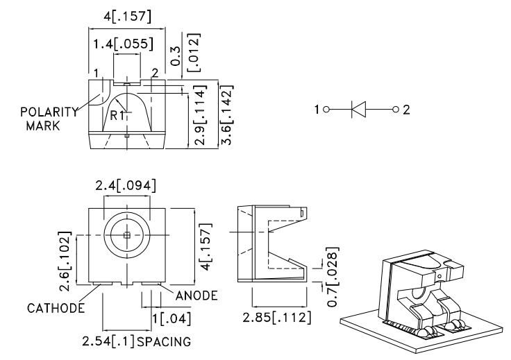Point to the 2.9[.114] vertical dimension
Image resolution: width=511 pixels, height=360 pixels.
point(201,116)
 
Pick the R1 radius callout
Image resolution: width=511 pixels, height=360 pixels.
point(117,115)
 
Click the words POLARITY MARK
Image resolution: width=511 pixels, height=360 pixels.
point(43,119)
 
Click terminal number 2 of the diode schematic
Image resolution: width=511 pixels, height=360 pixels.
point(408,109)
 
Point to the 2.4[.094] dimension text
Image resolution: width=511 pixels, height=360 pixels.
point(126,185)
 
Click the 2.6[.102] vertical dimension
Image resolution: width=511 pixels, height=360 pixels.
point(65,255)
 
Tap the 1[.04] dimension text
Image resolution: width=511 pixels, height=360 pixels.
point(171,318)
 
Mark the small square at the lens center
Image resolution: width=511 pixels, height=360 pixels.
point(126,235)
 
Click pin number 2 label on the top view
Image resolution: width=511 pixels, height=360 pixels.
point(155,73)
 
